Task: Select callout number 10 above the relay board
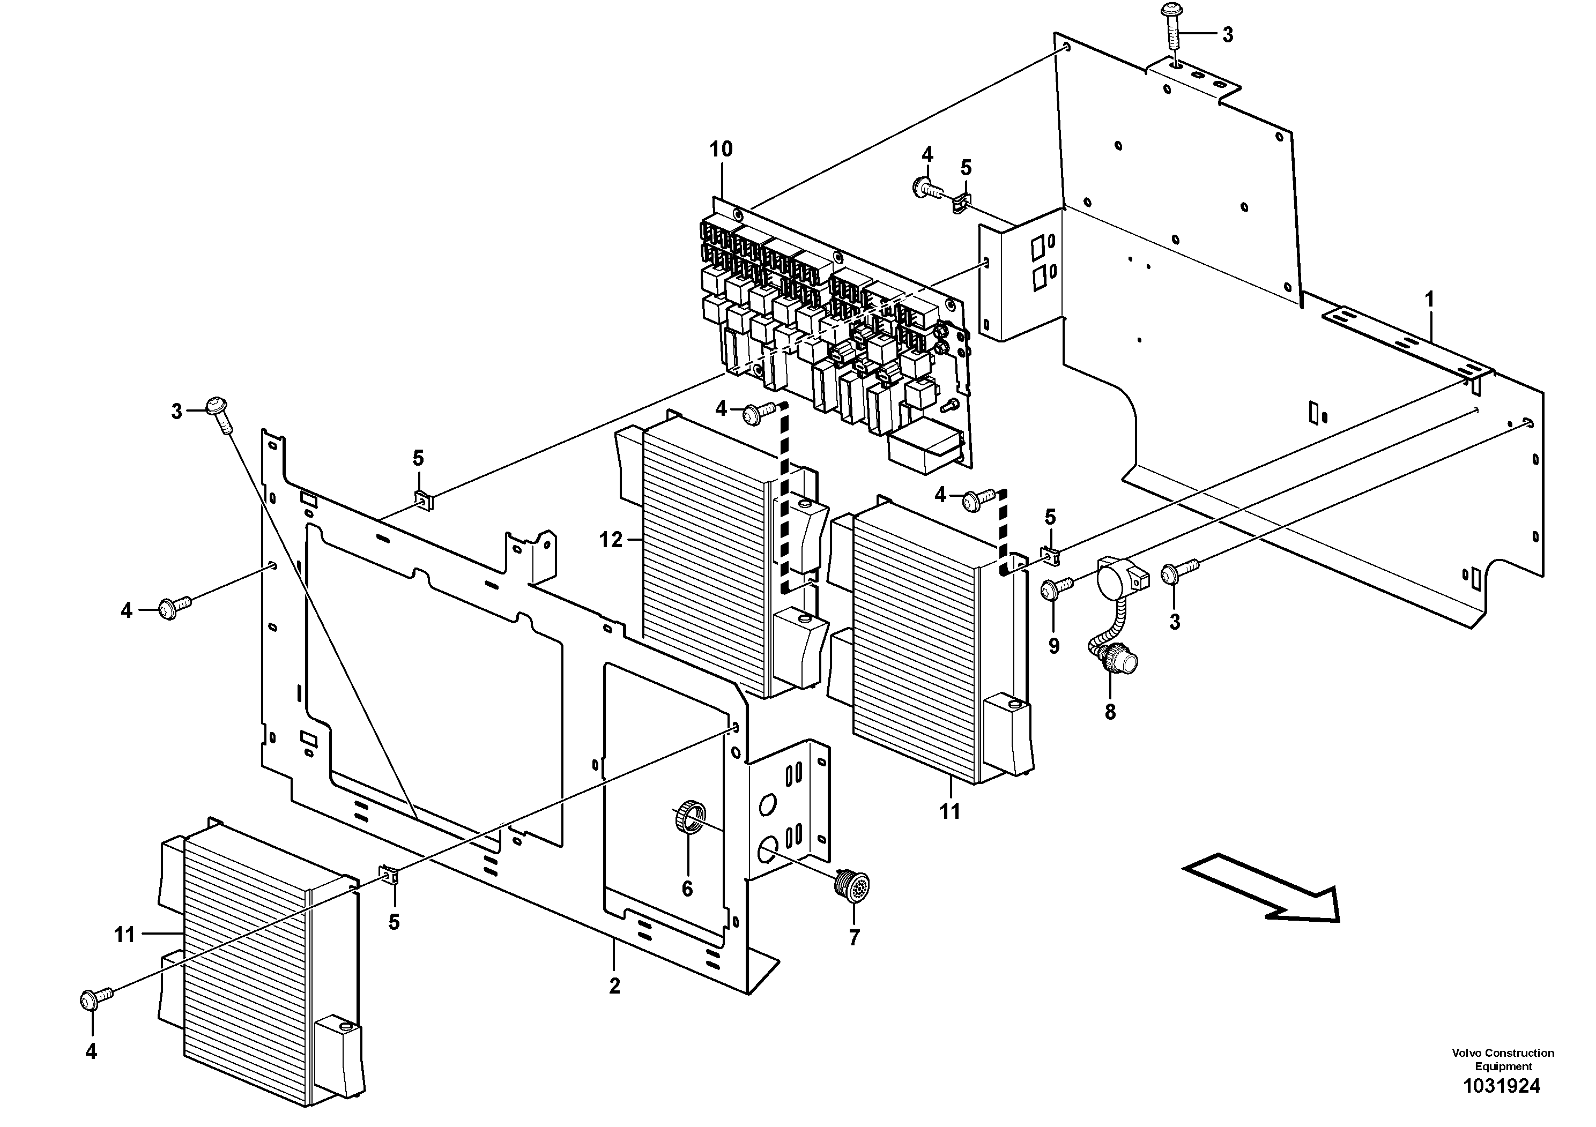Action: click(x=721, y=150)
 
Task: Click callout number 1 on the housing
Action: click(x=1429, y=300)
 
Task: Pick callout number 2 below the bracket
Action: click(x=614, y=986)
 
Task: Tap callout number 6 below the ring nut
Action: click(x=687, y=889)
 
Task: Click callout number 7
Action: click(x=855, y=937)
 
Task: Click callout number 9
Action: click(x=1054, y=645)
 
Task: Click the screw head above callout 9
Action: click(x=1050, y=591)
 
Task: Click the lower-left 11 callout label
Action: click(x=124, y=935)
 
